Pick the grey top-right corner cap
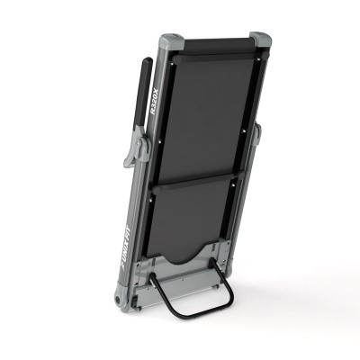pyautogui.click(x=260, y=40)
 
